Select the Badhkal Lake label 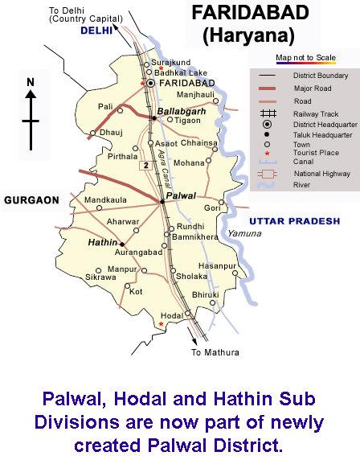[x=177, y=72]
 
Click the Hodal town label [x=171, y=315]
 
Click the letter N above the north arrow [x=31, y=81]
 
